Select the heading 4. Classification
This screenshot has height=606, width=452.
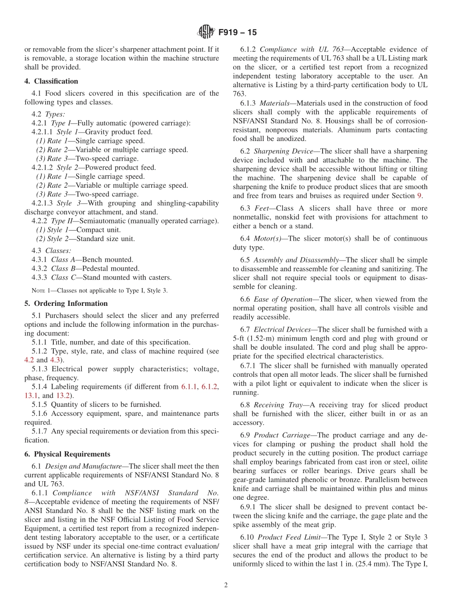(x=51, y=81)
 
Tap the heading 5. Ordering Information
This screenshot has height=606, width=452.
(x=66, y=303)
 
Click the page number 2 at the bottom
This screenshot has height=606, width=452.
(x=226, y=586)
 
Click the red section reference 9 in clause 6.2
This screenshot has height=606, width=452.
(x=419, y=195)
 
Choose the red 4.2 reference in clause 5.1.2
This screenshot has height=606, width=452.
(x=29, y=360)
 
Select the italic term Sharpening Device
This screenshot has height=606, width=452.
(x=283, y=151)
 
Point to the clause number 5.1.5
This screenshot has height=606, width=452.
(x=39, y=404)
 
